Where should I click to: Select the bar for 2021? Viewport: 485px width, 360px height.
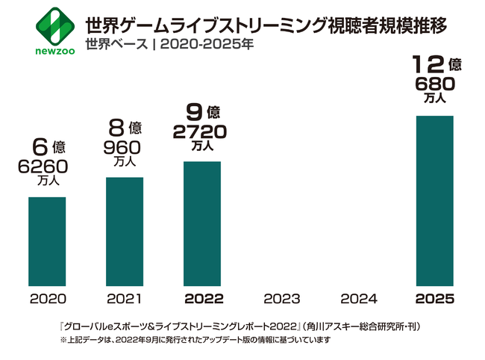click(x=125, y=232)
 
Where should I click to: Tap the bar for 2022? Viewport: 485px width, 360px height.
click(x=202, y=223)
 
